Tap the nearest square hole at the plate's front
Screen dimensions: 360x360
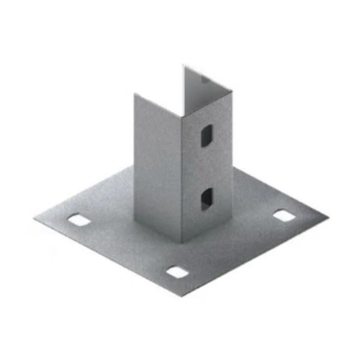point(176,272)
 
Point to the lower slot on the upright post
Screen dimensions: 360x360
point(205,198)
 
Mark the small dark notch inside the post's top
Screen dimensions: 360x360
point(206,79)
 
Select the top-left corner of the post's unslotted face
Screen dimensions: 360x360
point(134,94)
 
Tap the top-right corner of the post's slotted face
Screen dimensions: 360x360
point(230,88)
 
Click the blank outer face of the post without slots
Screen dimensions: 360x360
point(157,168)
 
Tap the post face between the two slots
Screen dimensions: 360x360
point(205,167)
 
